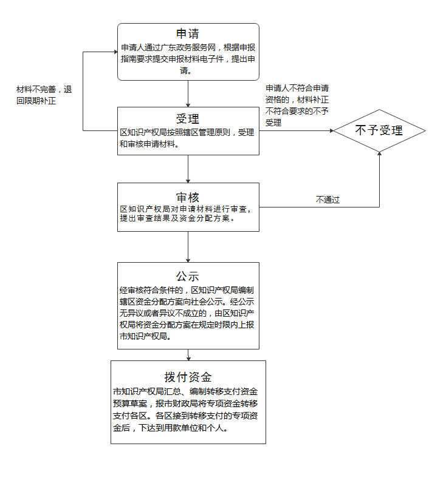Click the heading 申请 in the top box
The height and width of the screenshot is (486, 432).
(x=188, y=33)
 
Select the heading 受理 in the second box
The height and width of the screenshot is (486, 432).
(x=188, y=118)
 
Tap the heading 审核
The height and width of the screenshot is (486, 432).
(x=188, y=197)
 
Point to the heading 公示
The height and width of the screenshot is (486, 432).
(x=188, y=276)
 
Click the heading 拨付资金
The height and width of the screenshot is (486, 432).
(x=188, y=377)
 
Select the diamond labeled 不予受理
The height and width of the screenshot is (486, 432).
(x=379, y=130)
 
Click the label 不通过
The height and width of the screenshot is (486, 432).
(x=327, y=199)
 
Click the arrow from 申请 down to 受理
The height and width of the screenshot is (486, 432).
(x=188, y=93)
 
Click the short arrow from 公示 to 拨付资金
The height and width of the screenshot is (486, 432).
(x=188, y=355)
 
